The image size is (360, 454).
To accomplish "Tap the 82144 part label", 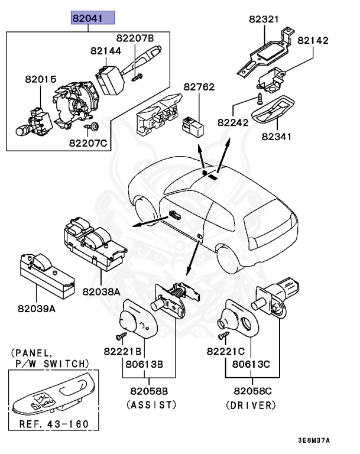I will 106,51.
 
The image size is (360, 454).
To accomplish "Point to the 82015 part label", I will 40,78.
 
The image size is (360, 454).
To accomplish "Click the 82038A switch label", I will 101,291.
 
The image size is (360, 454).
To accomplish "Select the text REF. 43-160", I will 53,423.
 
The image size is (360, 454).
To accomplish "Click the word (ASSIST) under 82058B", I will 152,404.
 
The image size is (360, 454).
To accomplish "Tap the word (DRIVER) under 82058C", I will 251,405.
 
